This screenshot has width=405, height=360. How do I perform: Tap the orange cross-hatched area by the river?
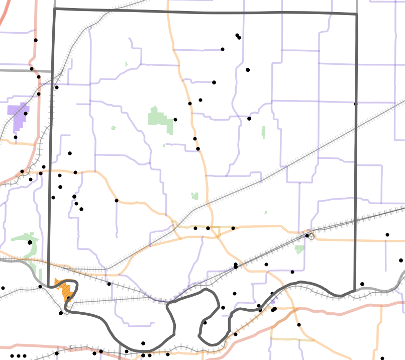(65, 290)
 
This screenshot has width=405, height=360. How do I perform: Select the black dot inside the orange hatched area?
(69, 298)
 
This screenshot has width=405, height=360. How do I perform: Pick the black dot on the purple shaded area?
(26, 114)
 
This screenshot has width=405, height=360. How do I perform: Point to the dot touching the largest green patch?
(175, 120)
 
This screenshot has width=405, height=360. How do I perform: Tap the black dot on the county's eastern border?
(355, 104)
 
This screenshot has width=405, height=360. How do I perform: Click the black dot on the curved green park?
(30, 242)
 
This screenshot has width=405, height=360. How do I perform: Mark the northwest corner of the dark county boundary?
(54, 9)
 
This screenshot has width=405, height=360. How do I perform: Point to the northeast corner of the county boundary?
(357, 14)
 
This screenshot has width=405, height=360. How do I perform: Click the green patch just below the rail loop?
(299, 249)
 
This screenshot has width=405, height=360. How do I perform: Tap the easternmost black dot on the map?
(400, 260)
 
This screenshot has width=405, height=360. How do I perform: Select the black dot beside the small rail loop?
(307, 235)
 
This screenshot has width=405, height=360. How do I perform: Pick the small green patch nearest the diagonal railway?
(195, 196)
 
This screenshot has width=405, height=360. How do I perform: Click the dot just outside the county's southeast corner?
(362, 284)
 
